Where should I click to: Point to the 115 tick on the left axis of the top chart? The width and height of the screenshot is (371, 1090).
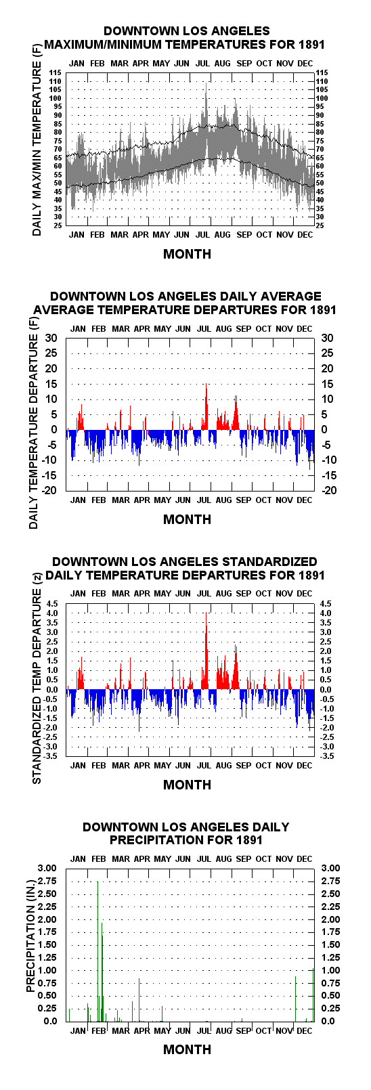(55, 72)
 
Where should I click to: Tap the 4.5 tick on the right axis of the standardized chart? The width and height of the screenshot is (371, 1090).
(325, 603)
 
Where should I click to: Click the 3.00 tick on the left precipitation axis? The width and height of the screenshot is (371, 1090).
(47, 868)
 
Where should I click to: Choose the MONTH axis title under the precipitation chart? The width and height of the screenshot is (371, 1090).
(187, 1049)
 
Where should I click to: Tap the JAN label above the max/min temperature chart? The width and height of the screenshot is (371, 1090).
(77, 63)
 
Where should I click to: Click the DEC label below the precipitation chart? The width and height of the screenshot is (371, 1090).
(304, 1030)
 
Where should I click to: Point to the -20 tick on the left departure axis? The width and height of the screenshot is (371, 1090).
(49, 490)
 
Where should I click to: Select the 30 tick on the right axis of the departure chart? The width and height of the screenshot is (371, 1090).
(327, 339)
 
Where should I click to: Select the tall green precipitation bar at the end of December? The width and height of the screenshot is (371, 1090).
(313, 995)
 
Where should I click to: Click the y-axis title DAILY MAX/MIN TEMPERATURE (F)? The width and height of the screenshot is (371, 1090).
(37, 146)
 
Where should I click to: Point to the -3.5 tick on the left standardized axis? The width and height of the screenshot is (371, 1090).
(51, 756)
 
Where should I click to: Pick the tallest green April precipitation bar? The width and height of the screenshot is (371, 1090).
(139, 999)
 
